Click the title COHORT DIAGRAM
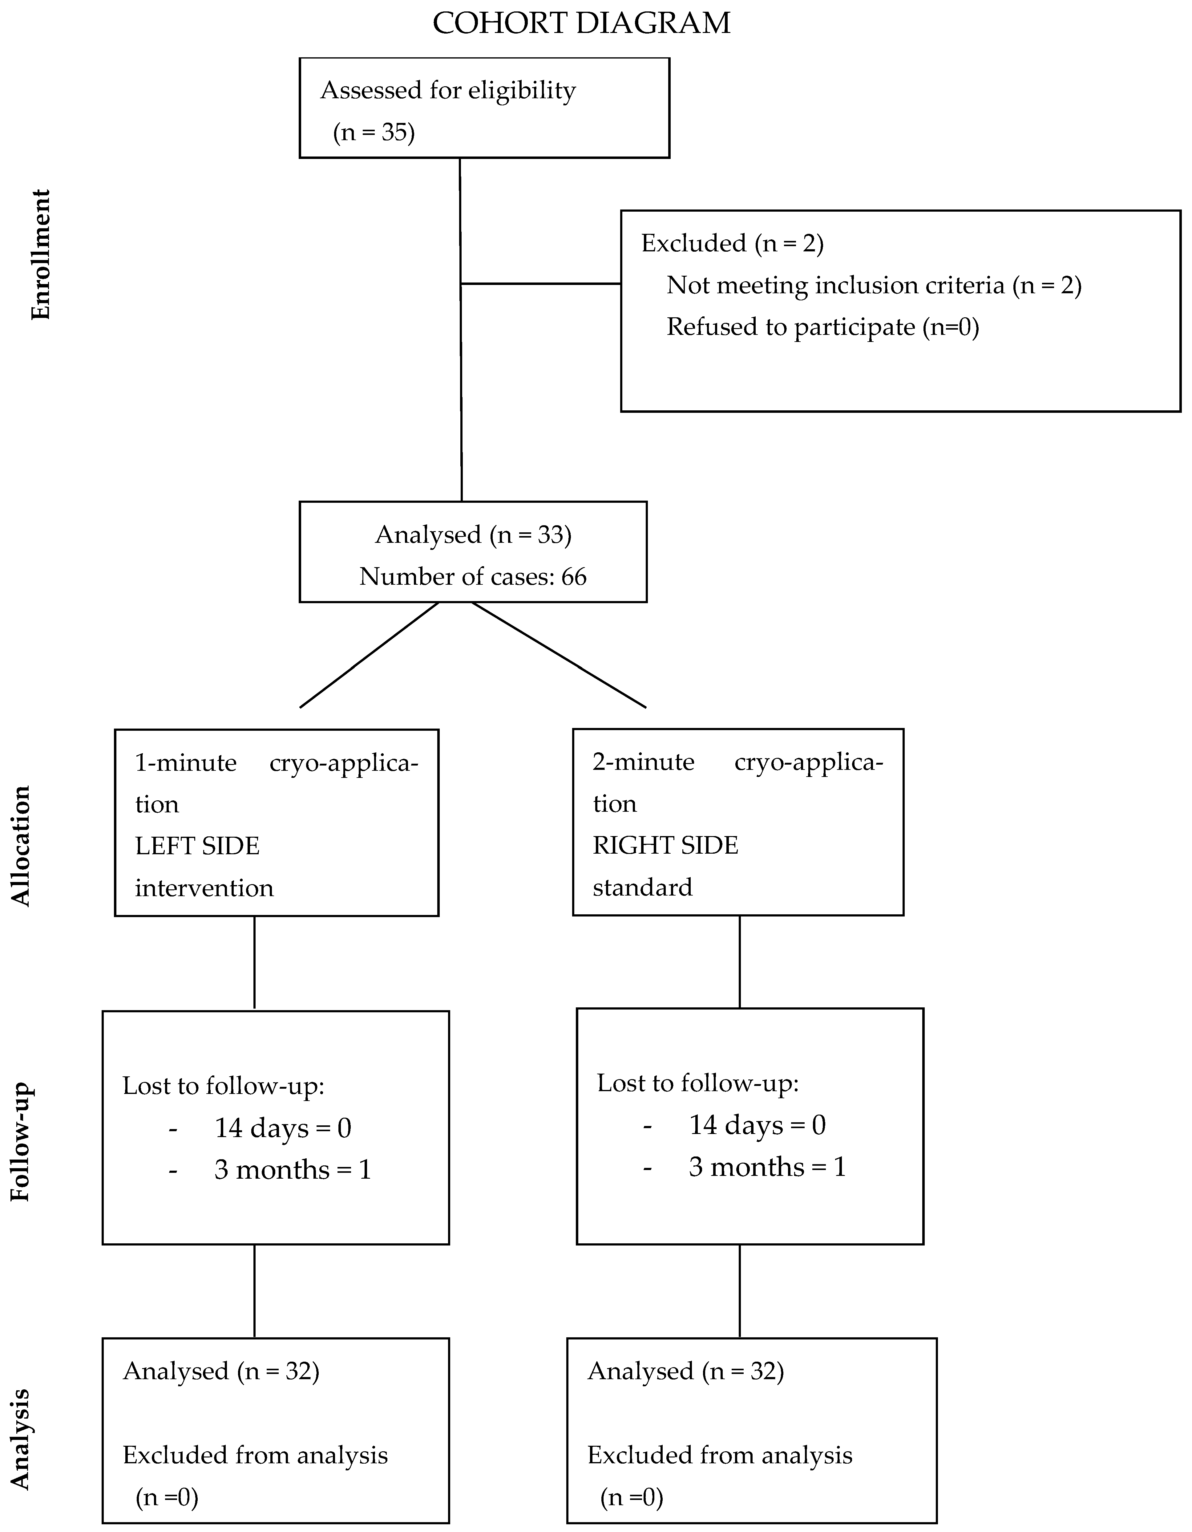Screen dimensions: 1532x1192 click(581, 23)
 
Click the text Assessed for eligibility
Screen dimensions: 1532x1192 click(448, 91)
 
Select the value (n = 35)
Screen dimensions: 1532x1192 click(374, 132)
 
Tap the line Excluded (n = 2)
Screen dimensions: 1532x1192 click(732, 243)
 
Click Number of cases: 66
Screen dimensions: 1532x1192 click(473, 577)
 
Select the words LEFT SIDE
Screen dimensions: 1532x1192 click(197, 846)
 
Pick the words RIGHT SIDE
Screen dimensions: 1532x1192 click(665, 845)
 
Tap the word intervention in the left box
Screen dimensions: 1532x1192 click(204, 888)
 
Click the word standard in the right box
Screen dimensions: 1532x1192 click(642, 887)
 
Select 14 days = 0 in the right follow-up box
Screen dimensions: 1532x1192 click(757, 1125)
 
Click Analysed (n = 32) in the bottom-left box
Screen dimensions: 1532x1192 click(221, 1371)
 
